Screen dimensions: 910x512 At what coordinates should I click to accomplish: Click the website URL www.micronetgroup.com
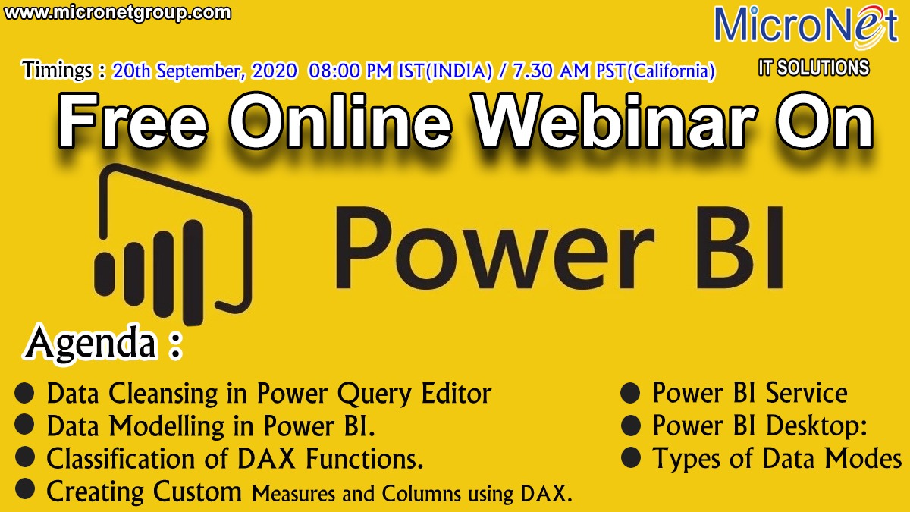point(118,12)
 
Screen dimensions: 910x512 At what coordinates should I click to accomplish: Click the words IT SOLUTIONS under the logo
point(814,68)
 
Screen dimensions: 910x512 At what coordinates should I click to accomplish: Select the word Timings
point(57,70)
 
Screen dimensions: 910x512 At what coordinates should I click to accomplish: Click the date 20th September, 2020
point(205,71)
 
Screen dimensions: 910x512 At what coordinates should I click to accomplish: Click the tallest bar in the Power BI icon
point(193,272)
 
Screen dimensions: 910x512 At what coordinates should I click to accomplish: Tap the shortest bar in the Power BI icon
point(104,272)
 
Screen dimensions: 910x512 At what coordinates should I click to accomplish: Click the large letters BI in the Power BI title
point(738,247)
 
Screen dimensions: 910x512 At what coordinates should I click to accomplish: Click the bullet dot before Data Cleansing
point(24,393)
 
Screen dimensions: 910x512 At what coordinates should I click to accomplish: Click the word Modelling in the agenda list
point(167,426)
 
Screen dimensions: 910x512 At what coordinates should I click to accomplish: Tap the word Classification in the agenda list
point(121,459)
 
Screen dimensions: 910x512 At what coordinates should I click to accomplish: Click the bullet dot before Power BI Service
point(630,393)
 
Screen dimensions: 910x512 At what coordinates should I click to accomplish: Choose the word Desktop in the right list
point(817,426)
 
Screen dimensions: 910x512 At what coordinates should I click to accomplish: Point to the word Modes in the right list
point(863,459)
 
